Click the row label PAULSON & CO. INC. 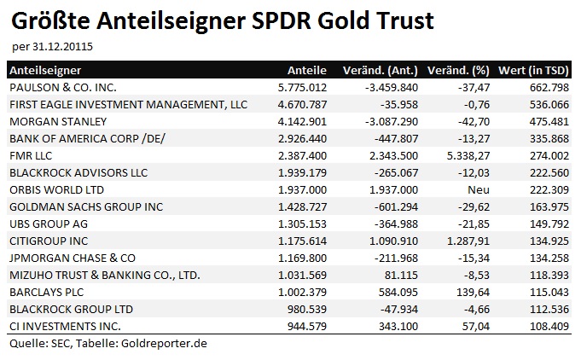[x=62, y=87]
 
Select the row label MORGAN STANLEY [x=52, y=121]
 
